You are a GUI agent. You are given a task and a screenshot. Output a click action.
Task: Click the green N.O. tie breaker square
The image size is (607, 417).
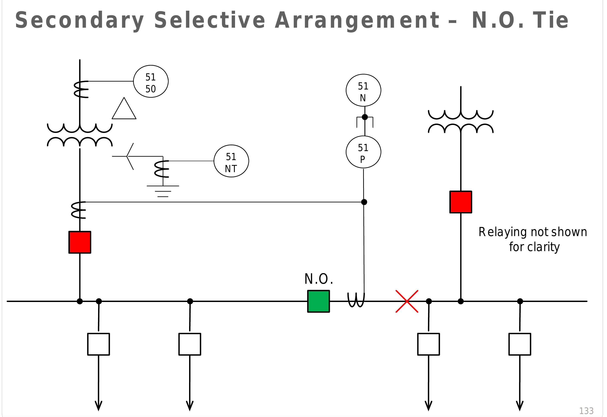pyautogui.click(x=318, y=301)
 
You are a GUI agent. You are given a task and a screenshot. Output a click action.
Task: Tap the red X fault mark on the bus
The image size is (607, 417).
pyautogui.click(x=407, y=301)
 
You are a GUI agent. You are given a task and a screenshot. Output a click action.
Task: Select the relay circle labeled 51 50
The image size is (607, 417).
pyautogui.click(x=151, y=81)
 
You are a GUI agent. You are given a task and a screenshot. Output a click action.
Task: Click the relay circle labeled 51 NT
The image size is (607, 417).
pyautogui.click(x=231, y=161)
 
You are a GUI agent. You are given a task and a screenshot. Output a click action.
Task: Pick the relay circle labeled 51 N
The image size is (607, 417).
pyautogui.click(x=363, y=90)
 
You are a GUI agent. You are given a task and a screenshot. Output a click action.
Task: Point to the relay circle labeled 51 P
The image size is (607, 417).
pyautogui.click(x=363, y=152)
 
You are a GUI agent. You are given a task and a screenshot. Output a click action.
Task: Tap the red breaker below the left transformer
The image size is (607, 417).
pyautogui.click(x=80, y=242)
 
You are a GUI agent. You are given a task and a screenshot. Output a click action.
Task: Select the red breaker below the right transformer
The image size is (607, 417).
pyautogui.click(x=460, y=202)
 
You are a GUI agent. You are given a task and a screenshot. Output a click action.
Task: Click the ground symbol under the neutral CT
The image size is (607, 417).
pyautogui.click(x=163, y=191)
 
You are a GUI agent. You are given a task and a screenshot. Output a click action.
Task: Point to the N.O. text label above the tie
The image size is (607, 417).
pyautogui.click(x=319, y=279)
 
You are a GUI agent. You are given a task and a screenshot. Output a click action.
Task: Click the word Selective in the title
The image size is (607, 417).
pyautogui.click(x=209, y=20)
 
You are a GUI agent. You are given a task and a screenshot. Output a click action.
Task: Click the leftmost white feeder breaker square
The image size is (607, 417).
pyautogui.click(x=99, y=344)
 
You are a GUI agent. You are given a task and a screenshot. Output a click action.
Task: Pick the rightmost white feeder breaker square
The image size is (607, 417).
pyautogui.click(x=519, y=344)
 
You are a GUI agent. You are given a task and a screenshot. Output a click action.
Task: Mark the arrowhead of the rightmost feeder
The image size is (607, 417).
pyautogui.click(x=519, y=406)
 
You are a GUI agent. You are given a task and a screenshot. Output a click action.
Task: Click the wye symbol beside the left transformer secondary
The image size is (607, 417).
pyautogui.click(x=128, y=156)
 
